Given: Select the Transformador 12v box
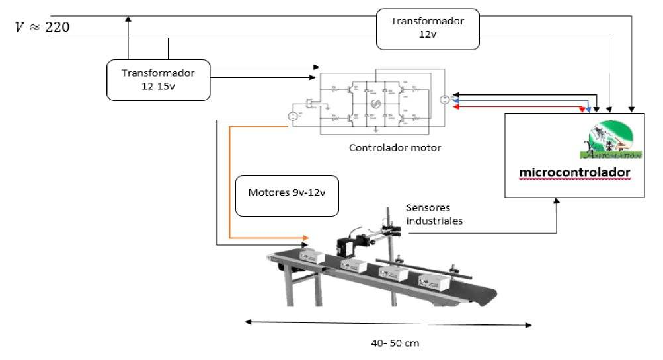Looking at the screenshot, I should click(x=427, y=28).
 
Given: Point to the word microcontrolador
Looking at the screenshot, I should click(x=574, y=173).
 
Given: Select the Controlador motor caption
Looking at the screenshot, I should click(x=395, y=147).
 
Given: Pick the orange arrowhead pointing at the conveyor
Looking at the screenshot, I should click(x=305, y=236).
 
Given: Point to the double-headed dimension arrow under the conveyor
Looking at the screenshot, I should click(x=389, y=323).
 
